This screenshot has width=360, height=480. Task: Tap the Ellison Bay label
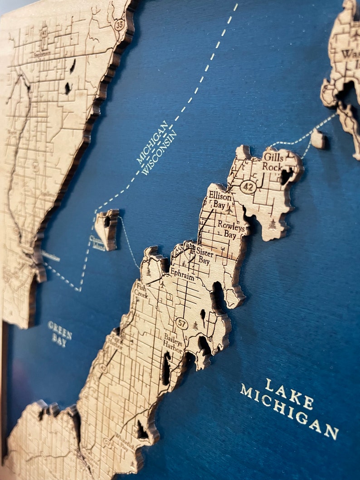220,200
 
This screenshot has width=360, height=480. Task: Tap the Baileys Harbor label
174,344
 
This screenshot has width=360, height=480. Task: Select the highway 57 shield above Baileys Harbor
182,324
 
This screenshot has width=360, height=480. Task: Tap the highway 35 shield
119,25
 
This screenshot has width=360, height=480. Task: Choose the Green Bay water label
60,333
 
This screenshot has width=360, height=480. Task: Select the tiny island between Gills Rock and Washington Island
318,138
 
